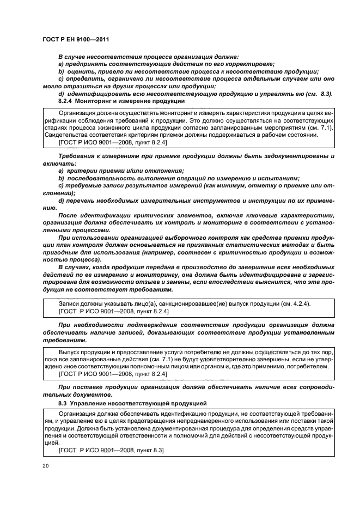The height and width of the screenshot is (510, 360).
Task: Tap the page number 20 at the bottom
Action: (45, 466)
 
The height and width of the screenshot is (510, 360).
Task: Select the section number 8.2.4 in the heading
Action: (65, 102)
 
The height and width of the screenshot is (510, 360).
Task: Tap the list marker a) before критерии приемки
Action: (60, 171)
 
